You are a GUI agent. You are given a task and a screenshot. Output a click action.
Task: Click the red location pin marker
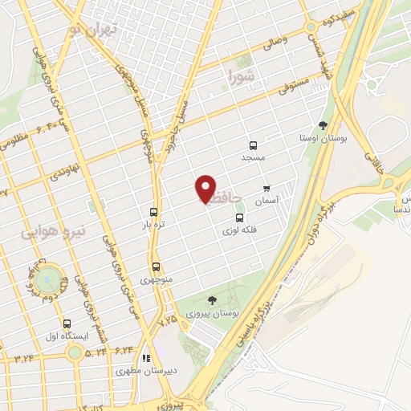point(206,189)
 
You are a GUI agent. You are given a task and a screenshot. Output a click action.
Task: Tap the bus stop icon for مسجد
point(253,145)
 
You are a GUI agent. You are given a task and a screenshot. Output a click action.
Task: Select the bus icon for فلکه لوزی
point(239,218)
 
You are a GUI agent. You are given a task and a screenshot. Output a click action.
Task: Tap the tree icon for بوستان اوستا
point(323,125)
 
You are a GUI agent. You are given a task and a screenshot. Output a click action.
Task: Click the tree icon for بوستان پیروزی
point(212,300)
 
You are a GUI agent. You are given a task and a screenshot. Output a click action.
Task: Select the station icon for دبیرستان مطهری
point(146,359)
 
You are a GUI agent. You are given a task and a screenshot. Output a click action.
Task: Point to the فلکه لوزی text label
point(241,231)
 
